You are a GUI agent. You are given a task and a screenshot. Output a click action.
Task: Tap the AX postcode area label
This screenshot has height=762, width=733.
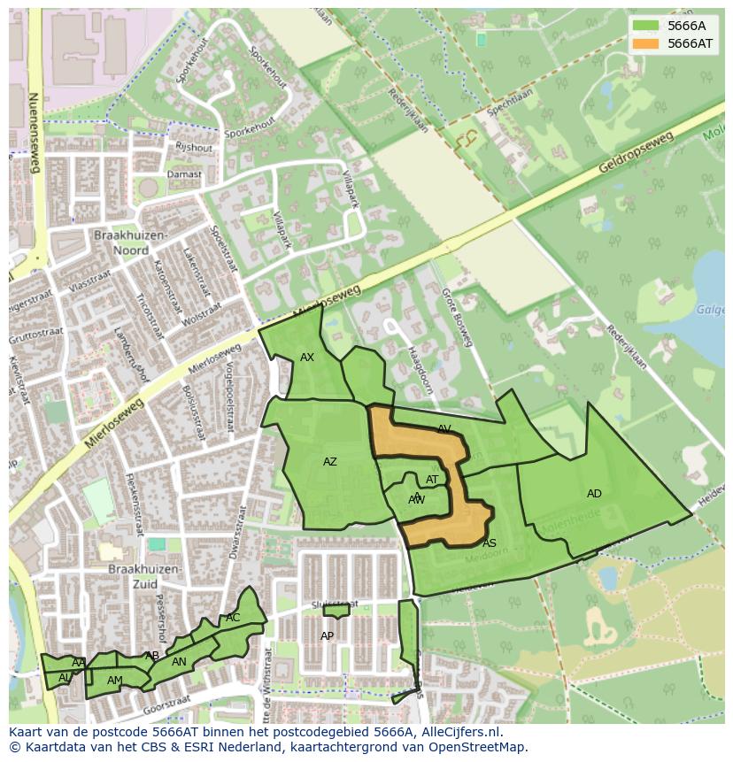tap(307, 358)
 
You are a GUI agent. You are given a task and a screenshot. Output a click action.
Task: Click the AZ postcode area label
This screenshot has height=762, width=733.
tap(330, 462)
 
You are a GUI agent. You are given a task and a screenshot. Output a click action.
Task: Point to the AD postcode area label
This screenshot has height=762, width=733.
tap(594, 494)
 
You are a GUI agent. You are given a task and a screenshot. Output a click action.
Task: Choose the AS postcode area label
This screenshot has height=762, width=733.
tap(490, 543)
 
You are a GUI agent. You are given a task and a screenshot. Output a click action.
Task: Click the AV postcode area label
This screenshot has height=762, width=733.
tap(444, 429)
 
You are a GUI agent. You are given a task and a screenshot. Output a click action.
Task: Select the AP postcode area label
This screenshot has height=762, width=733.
tap(328, 636)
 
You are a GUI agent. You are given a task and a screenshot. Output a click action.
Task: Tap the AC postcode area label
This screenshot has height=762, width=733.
tap(233, 618)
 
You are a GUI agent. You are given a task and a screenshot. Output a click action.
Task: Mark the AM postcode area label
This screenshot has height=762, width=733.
tap(115, 681)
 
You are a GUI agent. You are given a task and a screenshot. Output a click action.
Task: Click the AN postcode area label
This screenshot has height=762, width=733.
tap(179, 662)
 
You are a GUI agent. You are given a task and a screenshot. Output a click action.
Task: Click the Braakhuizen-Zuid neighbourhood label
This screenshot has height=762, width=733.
tap(145, 576)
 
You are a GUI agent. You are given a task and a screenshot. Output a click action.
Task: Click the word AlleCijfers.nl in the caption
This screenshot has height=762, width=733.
tap(459, 732)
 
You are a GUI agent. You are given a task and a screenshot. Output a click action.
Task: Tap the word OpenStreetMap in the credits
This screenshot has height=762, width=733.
tap(479, 747)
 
